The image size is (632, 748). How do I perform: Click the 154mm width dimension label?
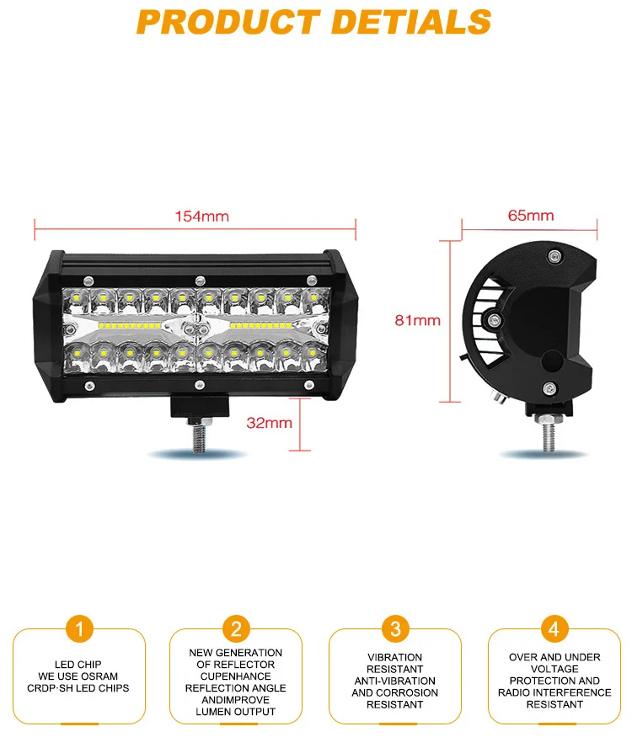[x=201, y=216]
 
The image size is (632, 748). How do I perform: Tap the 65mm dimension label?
[x=531, y=216]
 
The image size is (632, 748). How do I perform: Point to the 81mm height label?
[x=417, y=320]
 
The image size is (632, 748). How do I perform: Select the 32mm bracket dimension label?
[x=269, y=423]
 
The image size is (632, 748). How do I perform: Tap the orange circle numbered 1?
[x=78, y=628]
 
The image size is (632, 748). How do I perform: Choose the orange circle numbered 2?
[x=236, y=628]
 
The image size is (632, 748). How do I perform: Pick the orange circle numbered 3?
[x=394, y=628]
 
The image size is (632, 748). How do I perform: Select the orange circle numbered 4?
[x=554, y=628]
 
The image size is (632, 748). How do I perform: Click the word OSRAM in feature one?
[x=101, y=676]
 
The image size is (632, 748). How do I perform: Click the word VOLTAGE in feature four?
[x=554, y=669]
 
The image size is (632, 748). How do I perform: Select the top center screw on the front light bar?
[x=200, y=280]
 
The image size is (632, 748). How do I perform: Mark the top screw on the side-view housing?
[x=553, y=256]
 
